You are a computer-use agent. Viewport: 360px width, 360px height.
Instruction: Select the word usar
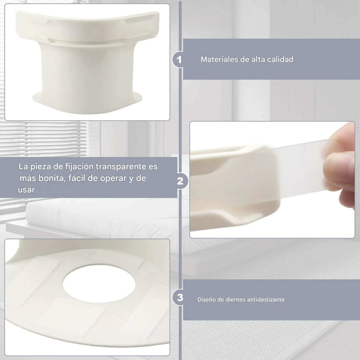pyautogui.click(x=26, y=190)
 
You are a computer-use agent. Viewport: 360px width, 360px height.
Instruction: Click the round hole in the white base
pyautogui.click(x=99, y=284)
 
